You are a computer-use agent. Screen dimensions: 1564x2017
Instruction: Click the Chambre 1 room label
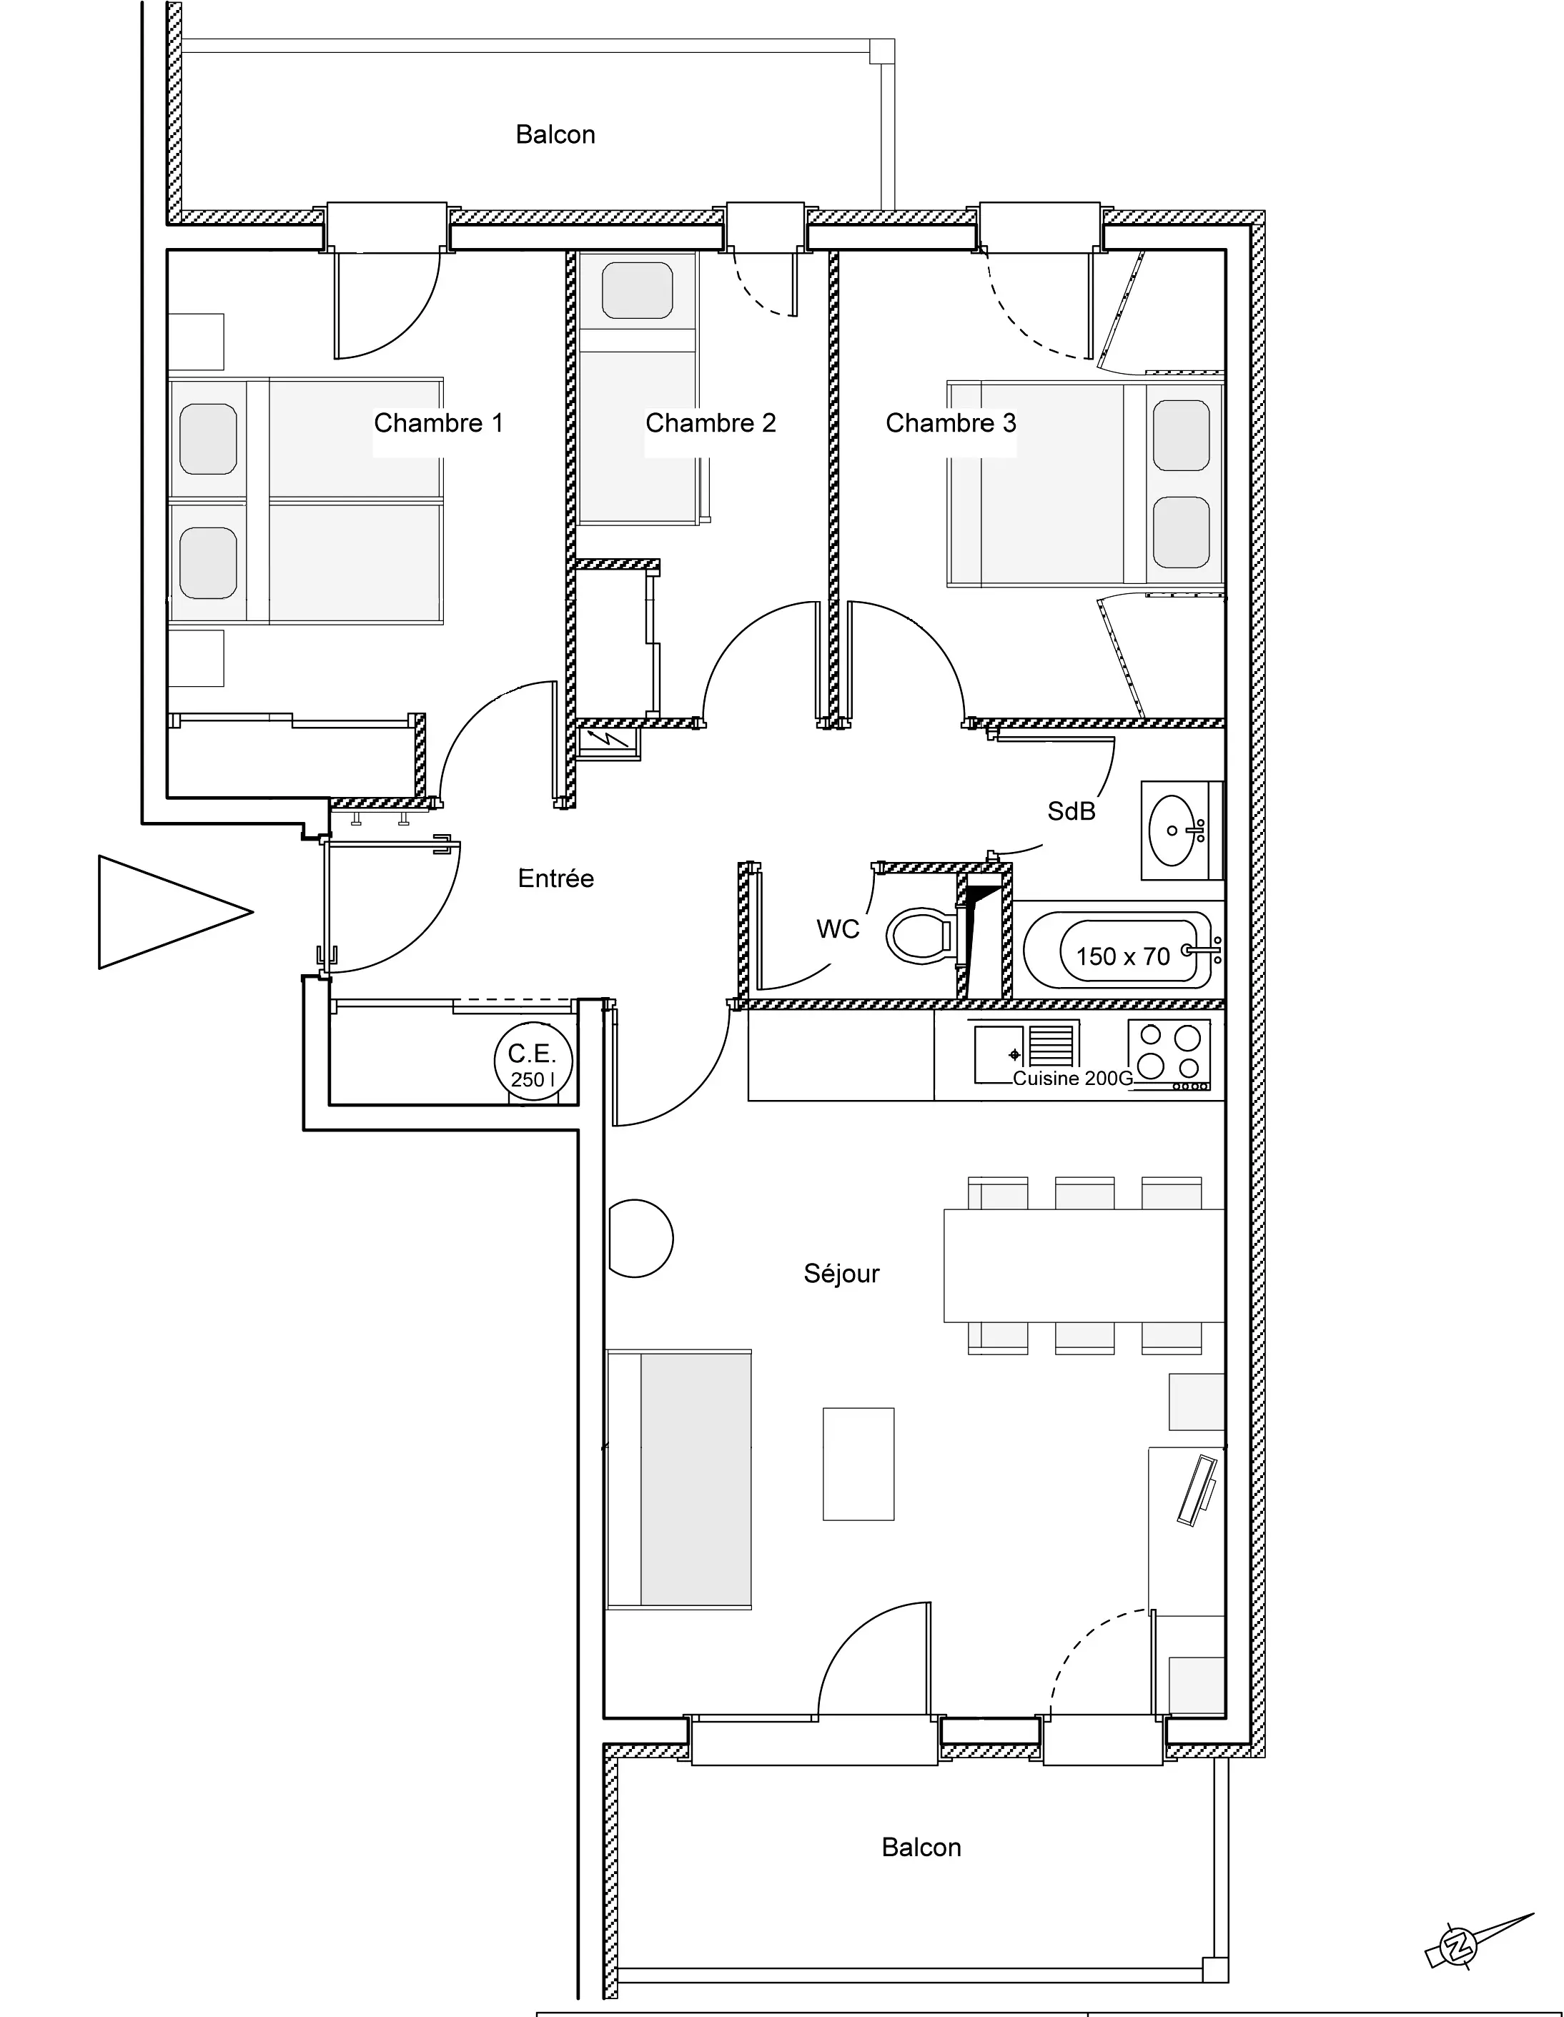click(438, 423)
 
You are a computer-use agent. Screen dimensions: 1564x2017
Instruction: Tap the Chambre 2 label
click(711, 423)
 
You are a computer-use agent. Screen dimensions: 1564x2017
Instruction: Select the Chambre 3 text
click(951, 423)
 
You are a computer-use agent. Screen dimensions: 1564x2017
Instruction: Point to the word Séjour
click(841, 1274)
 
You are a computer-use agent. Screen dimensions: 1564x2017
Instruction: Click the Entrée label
click(555, 878)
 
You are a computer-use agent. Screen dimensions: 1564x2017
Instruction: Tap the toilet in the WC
click(919, 936)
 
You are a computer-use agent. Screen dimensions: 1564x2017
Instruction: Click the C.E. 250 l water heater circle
click(533, 1062)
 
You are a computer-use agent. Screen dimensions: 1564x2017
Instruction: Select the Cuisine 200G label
click(1072, 1079)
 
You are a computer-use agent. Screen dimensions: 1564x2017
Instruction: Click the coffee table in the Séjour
click(858, 1464)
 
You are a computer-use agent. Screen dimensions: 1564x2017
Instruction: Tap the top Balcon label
click(555, 135)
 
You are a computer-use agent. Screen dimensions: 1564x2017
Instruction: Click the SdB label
click(1071, 811)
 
